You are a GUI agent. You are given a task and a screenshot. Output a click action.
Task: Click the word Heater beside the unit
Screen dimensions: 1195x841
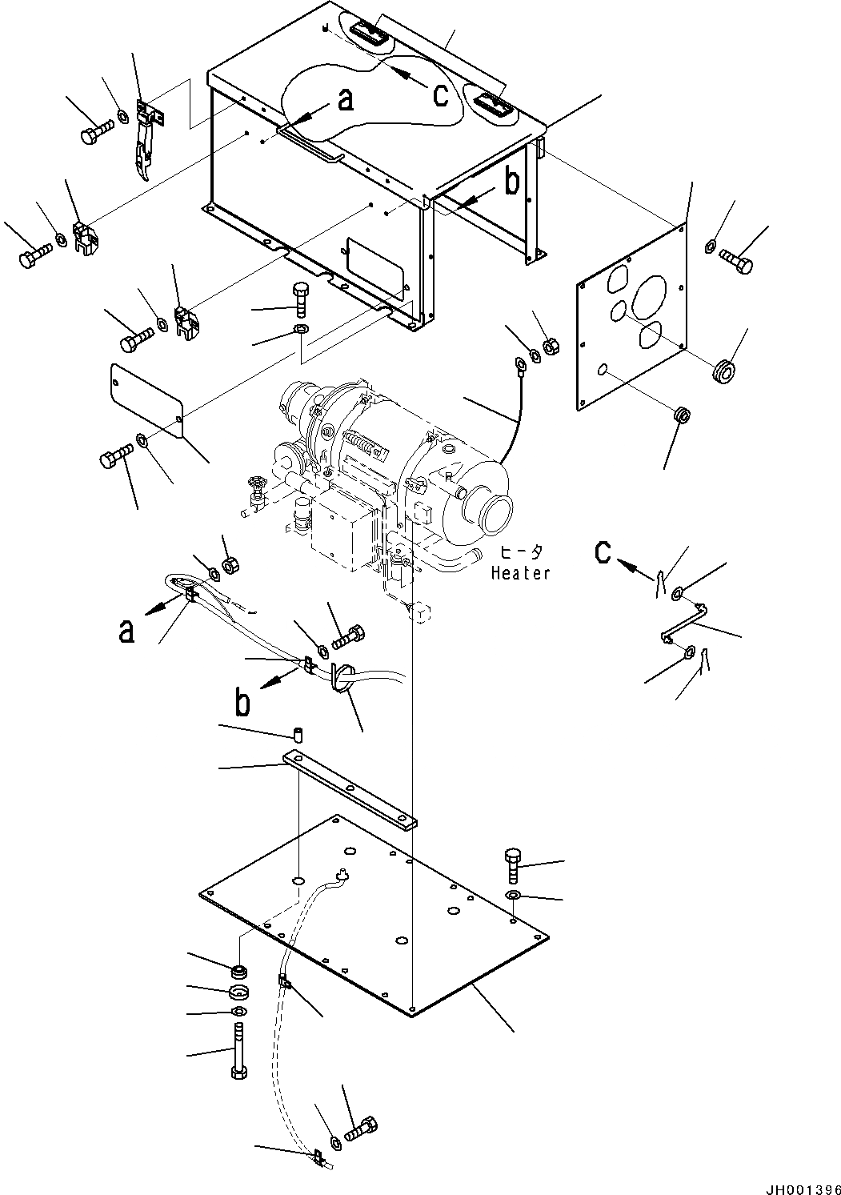tap(520, 573)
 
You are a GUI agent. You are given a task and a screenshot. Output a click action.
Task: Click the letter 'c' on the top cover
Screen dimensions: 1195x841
tap(440, 94)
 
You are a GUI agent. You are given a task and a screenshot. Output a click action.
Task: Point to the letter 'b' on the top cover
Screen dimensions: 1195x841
tap(511, 182)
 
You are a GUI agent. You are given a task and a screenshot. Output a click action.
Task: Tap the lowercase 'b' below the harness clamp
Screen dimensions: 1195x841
tap(242, 702)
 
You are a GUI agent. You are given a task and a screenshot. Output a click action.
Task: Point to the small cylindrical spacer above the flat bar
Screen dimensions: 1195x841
tap(298, 734)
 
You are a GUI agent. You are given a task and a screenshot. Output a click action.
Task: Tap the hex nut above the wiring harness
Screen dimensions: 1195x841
tap(228, 565)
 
